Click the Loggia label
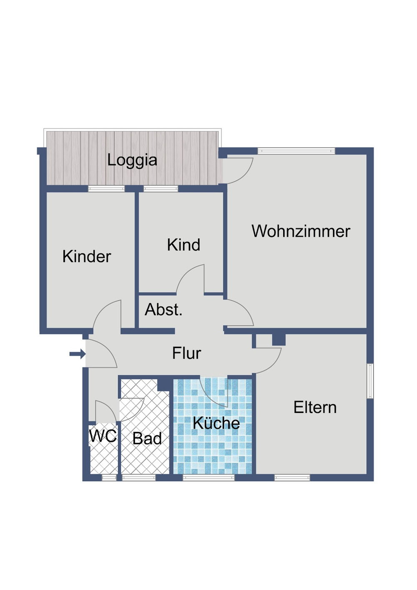(132, 160)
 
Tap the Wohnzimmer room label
(301, 231)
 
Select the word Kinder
(87, 256)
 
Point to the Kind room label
(183, 245)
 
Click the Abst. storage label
(163, 310)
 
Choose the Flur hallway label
(186, 354)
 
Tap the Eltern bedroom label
(315, 407)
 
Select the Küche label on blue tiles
(216, 423)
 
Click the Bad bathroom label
(147, 439)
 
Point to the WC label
(103, 436)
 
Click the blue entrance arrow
(77, 354)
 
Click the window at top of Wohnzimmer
(296, 151)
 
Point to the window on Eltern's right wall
(370, 381)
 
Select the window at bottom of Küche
(208, 478)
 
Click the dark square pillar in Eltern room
(279, 340)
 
